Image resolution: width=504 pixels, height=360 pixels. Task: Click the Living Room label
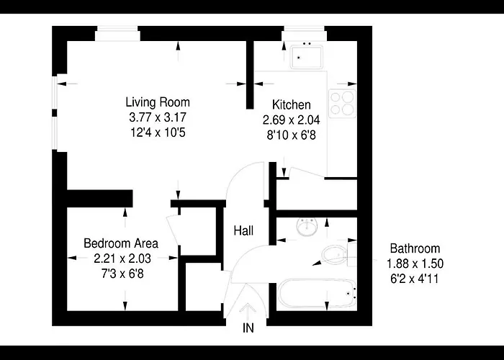158,102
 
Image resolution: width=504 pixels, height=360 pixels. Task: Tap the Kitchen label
292,105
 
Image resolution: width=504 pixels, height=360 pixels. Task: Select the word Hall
243,230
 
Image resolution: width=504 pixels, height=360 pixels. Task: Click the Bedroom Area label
121,243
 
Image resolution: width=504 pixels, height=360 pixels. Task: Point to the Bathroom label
415,248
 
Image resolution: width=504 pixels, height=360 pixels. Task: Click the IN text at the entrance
248,328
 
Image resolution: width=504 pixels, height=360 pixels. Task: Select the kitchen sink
306,57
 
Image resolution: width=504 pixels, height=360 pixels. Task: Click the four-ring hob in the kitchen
343,104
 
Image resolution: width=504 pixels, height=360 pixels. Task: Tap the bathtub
317,293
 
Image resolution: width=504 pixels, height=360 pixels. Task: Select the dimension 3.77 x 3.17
158,117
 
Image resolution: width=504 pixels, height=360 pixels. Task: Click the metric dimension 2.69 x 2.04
292,120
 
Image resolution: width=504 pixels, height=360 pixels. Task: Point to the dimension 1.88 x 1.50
415,264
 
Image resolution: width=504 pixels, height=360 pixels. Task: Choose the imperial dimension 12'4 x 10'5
158,132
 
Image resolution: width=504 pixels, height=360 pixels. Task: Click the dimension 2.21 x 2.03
122,258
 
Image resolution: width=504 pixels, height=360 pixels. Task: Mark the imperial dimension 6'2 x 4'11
415,279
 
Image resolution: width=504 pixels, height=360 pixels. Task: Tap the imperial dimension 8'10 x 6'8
292,135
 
